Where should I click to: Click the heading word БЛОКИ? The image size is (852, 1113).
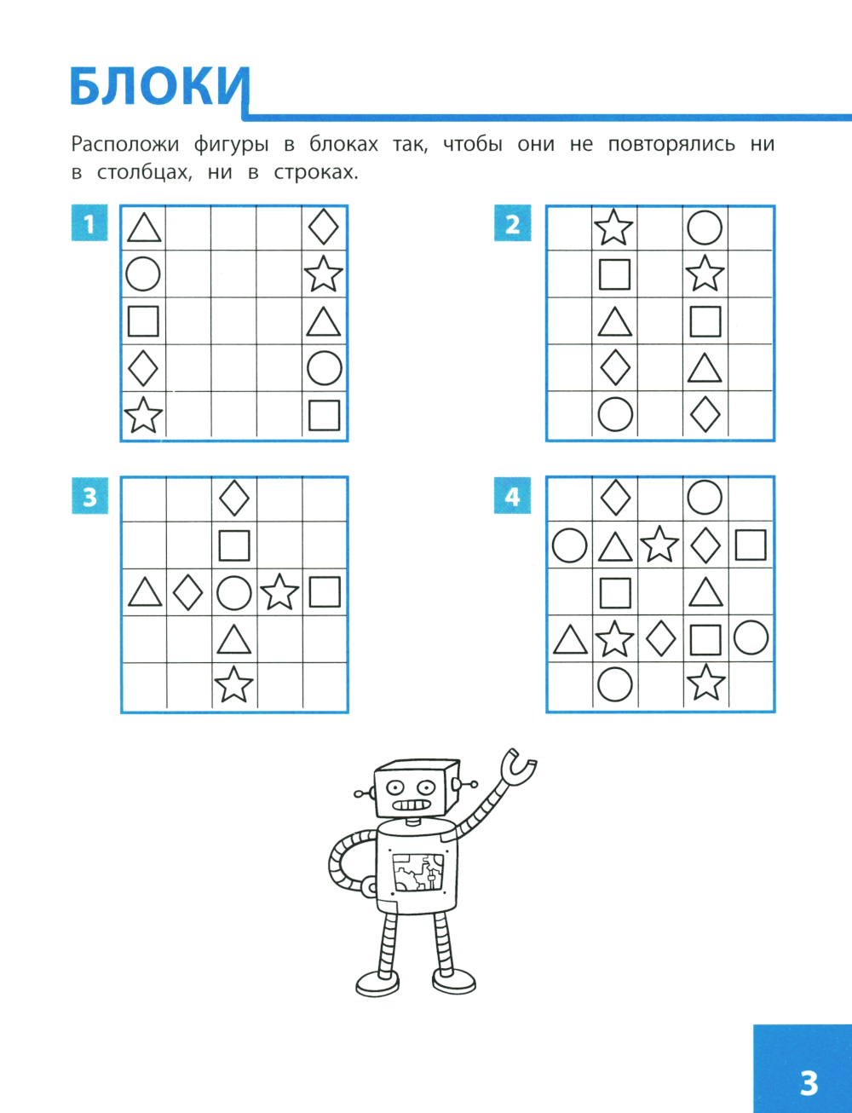click(160, 87)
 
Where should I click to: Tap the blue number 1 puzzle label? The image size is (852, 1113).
click(89, 222)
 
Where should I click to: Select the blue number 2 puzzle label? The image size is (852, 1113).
click(513, 222)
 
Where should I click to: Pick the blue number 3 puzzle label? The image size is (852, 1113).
click(90, 496)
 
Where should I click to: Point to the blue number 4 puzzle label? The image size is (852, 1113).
click(513, 495)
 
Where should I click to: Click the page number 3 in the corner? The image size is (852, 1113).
click(809, 1083)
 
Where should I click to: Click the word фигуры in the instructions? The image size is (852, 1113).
click(231, 145)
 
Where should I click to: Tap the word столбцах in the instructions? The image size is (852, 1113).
click(145, 173)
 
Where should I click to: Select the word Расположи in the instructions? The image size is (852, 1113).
click(125, 145)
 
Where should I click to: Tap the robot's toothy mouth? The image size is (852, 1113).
click(412, 805)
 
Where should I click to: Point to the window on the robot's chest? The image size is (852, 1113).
click(417, 873)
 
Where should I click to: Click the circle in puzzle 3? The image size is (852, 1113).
click(234, 592)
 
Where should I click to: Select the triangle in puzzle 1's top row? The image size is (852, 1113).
click(144, 228)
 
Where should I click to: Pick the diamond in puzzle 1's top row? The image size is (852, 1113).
click(324, 227)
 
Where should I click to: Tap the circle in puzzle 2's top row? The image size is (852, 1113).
click(705, 228)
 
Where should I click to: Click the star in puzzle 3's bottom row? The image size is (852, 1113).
click(233, 684)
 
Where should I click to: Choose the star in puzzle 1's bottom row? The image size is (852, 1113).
click(143, 415)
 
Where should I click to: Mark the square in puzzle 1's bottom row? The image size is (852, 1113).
click(324, 415)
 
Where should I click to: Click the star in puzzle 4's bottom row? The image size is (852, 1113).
click(705, 683)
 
